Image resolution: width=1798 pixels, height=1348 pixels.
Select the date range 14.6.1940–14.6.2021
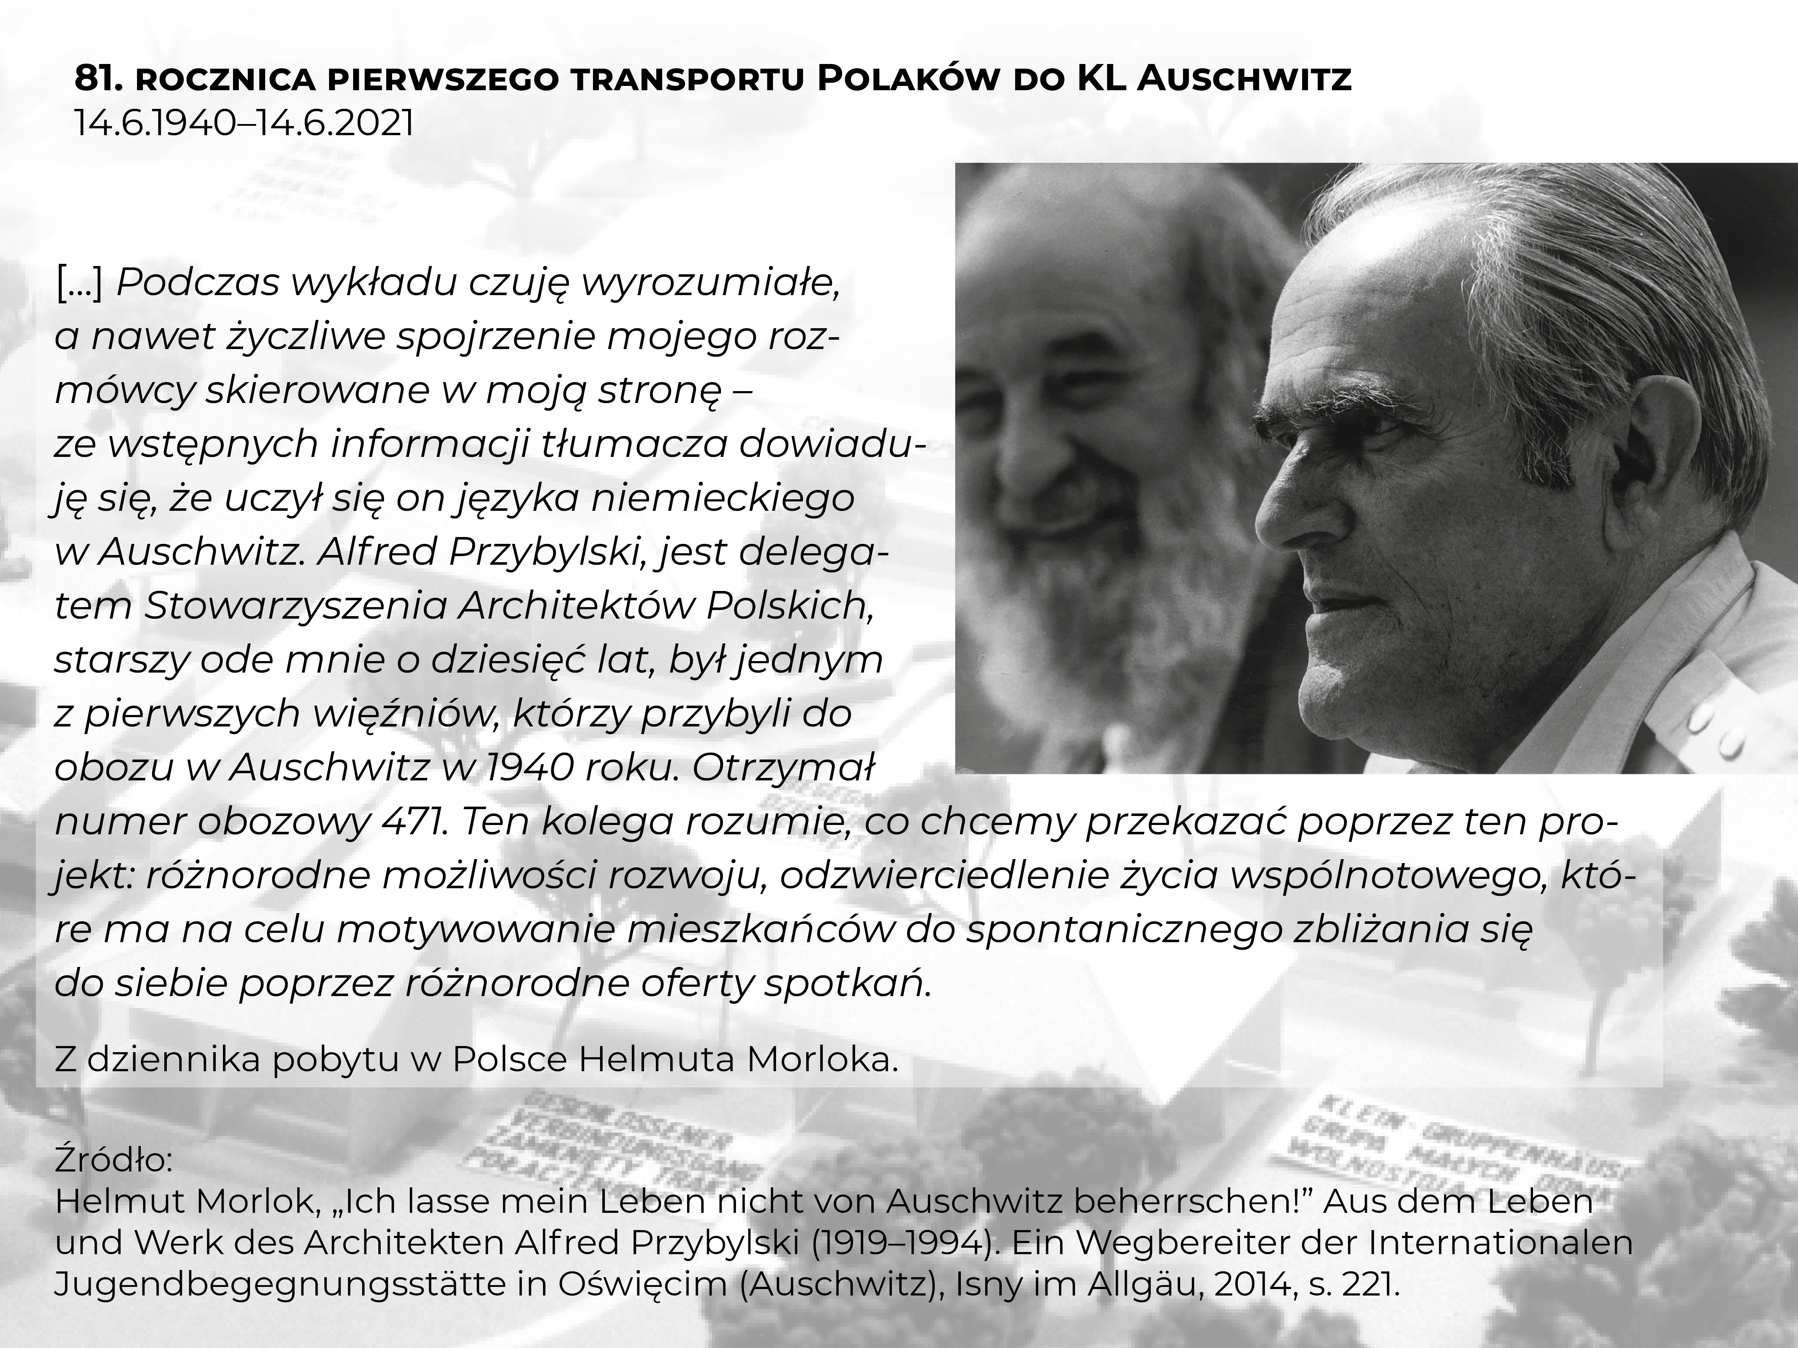coord(244,124)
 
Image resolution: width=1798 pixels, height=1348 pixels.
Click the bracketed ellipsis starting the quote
coord(79,283)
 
